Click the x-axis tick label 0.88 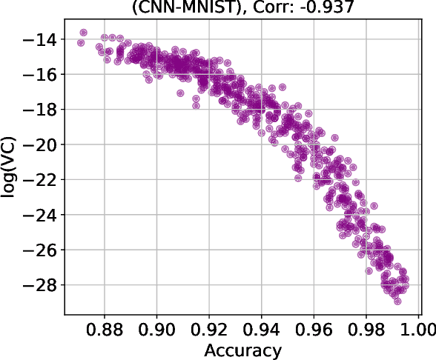pyautogui.click(x=104, y=329)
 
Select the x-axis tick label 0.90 pyautogui.click(x=156, y=329)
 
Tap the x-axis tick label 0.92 pyautogui.click(x=209, y=329)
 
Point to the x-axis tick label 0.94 pyautogui.click(x=261, y=329)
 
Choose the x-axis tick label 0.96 pyautogui.click(x=314, y=329)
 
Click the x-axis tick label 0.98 pyautogui.click(x=366, y=329)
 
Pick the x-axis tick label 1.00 pyautogui.click(x=418, y=329)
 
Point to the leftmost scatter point pyautogui.click(x=81, y=43)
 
